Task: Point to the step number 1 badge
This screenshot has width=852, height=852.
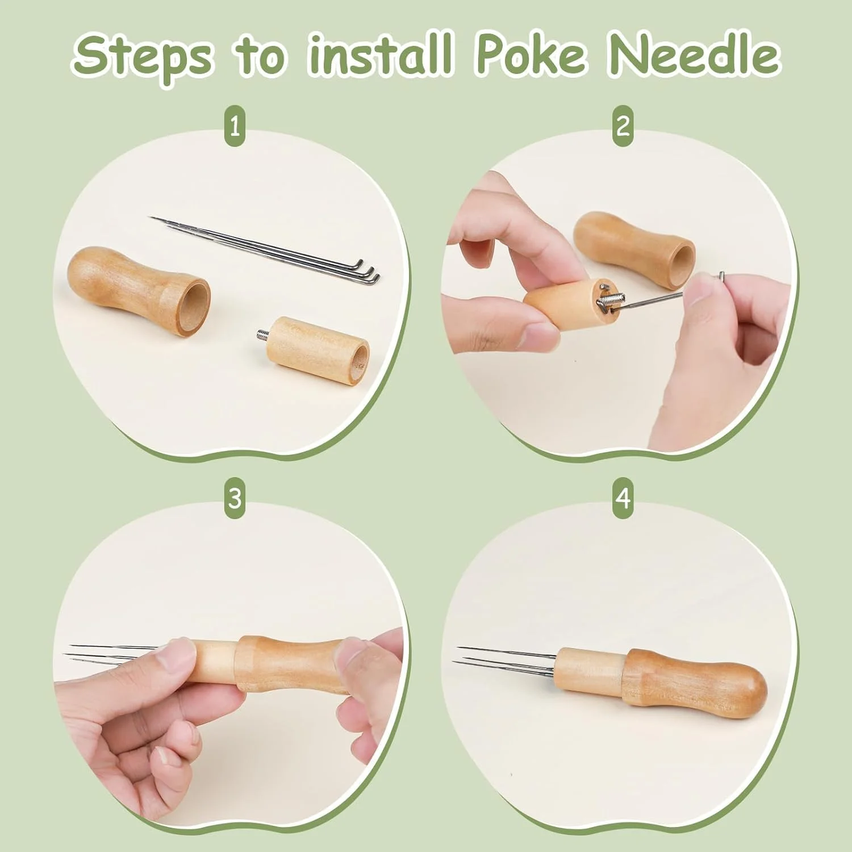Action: pos(235,126)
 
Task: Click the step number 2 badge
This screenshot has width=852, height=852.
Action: pos(623,126)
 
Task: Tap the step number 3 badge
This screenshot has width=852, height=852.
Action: pos(235,499)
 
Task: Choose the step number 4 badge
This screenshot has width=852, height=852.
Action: pos(623,499)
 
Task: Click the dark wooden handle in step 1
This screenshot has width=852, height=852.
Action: pos(139,289)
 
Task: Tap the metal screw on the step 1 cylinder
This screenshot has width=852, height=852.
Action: pos(261,335)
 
